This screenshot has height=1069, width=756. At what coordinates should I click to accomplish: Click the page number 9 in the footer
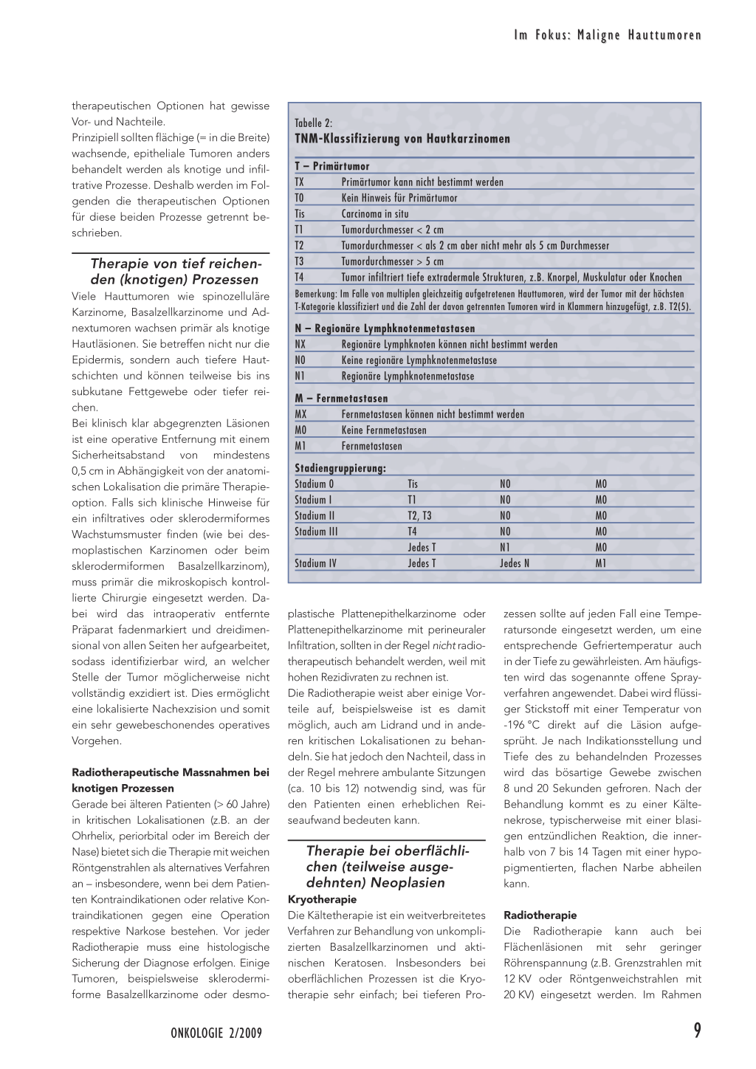[x=697, y=1031]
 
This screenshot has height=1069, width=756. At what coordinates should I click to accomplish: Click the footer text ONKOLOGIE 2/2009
[x=216, y=1033]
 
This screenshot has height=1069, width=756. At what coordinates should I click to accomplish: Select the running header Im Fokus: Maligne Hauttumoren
[x=608, y=35]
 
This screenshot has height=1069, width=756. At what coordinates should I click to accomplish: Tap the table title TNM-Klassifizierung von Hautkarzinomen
[x=402, y=139]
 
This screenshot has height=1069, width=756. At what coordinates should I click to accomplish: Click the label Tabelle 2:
[x=314, y=123]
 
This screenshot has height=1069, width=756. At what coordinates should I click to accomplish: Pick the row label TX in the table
[x=300, y=182]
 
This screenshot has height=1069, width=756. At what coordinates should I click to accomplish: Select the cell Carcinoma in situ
[x=375, y=214]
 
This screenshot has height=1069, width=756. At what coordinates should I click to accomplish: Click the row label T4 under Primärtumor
[x=300, y=278]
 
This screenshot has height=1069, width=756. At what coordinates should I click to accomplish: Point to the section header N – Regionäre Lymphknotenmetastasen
[x=385, y=329]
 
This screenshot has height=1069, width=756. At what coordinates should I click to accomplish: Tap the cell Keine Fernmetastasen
[x=384, y=430]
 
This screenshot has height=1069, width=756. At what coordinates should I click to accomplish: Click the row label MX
[x=300, y=414]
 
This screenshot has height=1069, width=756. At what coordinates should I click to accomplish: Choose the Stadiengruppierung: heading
[x=340, y=468]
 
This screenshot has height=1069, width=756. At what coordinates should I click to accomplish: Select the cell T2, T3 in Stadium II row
[x=419, y=516]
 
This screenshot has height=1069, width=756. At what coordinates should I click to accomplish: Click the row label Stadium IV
[x=315, y=563]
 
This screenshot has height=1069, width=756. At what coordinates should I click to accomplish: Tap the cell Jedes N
[x=515, y=563]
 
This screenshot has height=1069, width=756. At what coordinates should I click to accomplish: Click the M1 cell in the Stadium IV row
[x=601, y=563]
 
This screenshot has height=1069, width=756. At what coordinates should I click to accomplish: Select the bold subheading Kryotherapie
[x=322, y=899]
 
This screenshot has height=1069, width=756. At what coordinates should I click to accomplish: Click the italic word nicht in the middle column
[x=444, y=646]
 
